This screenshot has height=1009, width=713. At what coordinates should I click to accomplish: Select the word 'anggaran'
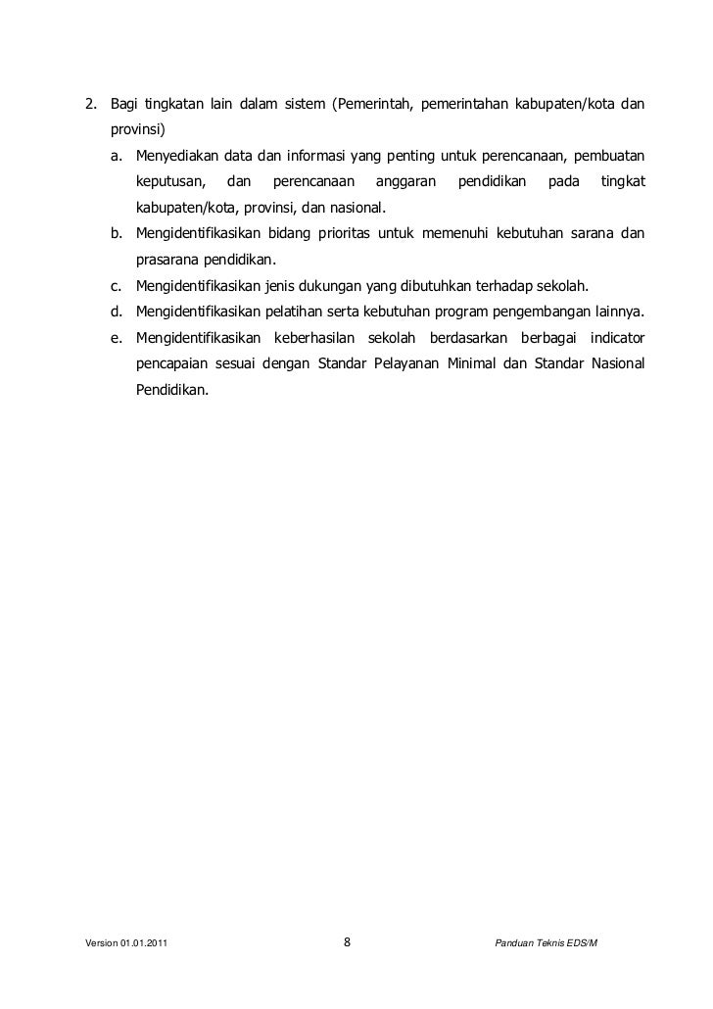pos(405,182)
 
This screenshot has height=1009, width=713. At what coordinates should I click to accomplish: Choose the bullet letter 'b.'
pos(117,234)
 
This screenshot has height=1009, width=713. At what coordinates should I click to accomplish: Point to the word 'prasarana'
pos(167,261)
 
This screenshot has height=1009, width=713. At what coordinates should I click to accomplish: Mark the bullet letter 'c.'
pos(117,286)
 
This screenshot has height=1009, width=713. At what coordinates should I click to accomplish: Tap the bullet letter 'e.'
pos(117,338)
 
